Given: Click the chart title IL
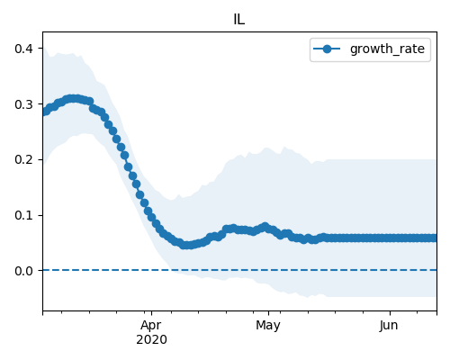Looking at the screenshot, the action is (x=239, y=20).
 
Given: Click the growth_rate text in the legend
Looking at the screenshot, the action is (x=387, y=49).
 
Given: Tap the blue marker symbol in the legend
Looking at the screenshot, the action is (x=327, y=49).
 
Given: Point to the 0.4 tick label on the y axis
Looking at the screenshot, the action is (x=23, y=49).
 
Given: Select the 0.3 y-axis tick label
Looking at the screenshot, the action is (x=23, y=104).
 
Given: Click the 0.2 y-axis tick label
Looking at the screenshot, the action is (x=23, y=159).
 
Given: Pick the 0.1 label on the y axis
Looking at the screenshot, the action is (x=23, y=215).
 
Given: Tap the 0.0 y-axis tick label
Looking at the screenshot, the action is (x=23, y=271).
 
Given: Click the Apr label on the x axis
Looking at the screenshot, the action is (x=151, y=326).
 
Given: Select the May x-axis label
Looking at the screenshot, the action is (x=268, y=326).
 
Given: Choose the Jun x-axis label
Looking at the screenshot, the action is (x=389, y=326).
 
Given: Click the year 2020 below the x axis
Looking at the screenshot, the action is (x=151, y=340).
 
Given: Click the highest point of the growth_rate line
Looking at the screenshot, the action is (x=73, y=99).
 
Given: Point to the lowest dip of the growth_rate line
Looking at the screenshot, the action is (x=186, y=245).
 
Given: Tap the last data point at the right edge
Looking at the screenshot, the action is (x=434, y=238).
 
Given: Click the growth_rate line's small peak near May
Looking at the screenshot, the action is (x=265, y=227).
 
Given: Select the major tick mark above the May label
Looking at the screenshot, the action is (x=268, y=313).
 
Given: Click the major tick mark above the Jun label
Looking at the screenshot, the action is (x=390, y=313).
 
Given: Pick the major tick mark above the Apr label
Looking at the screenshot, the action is (x=151, y=313).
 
